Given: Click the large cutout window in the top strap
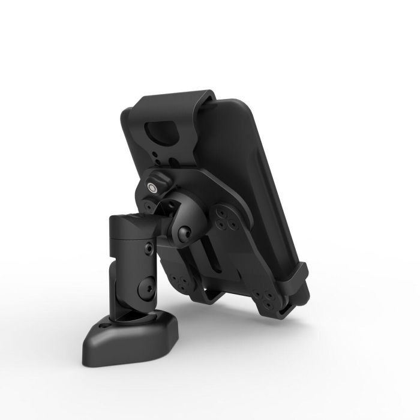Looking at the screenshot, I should pos(164,131).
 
